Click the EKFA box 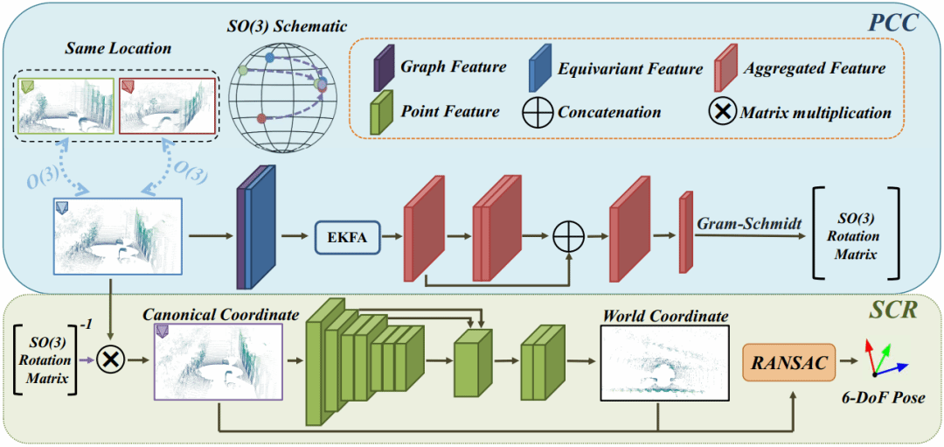point(347,236)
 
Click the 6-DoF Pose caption point(884,400)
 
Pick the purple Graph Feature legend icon point(381,69)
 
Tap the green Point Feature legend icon point(381,114)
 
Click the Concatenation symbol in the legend point(538,112)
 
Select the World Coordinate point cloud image point(665,363)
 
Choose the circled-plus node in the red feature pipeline point(570,235)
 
